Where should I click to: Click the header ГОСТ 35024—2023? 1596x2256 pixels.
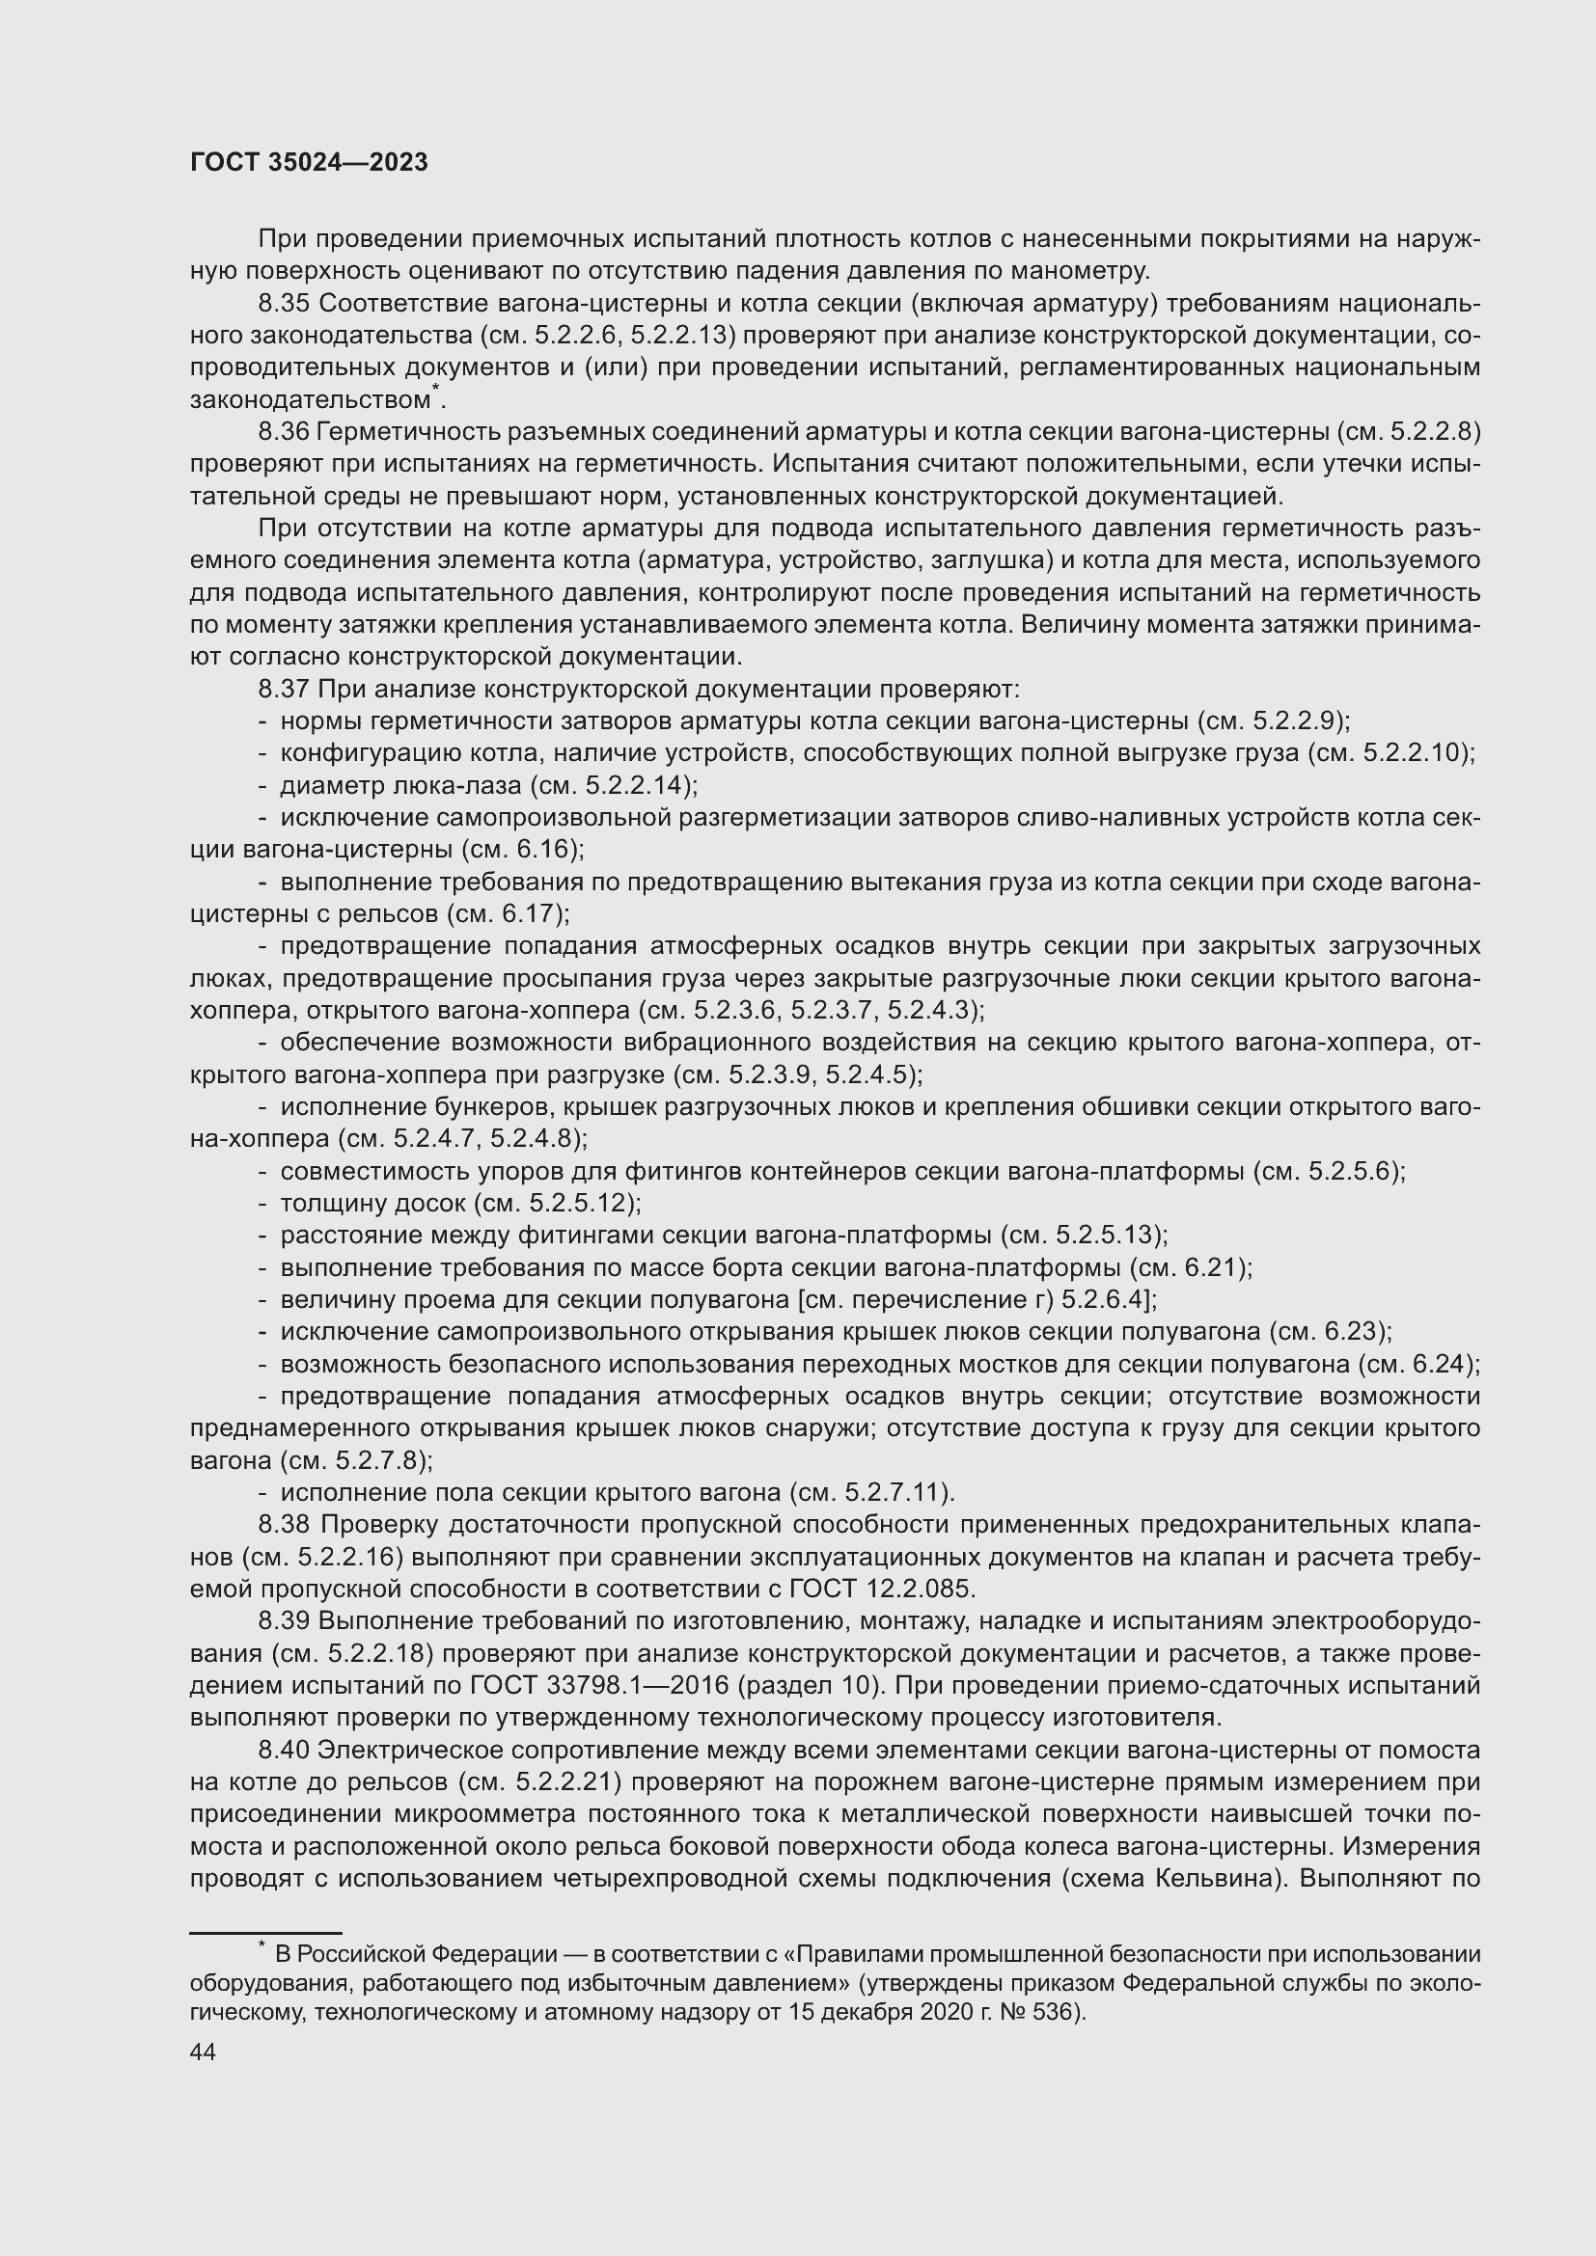309,163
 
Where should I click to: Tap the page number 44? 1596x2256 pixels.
203,2052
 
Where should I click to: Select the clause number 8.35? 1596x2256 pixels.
285,304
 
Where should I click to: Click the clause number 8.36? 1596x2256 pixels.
285,431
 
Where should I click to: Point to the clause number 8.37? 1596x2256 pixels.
285,689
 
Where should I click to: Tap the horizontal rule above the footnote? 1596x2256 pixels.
265,1933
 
